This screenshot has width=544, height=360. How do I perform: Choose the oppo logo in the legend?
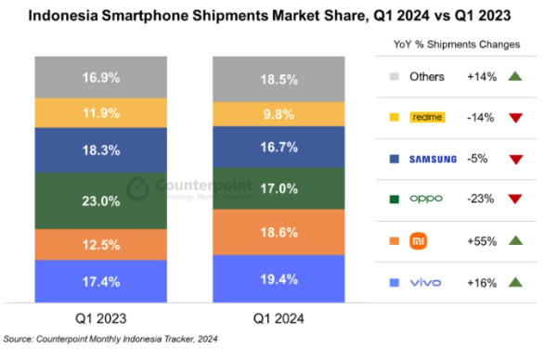[427, 199]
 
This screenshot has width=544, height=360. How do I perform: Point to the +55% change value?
[481, 241]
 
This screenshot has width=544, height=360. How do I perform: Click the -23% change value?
[481, 199]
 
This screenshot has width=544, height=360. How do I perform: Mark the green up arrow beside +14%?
[518, 77]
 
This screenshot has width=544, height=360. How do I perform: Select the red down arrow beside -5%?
[518, 160]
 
